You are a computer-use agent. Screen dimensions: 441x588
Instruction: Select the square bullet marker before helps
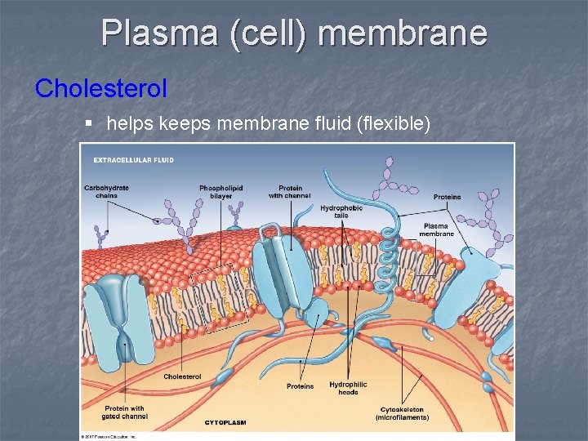coord(89,123)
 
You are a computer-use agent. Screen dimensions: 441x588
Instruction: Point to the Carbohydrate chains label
coord(106,191)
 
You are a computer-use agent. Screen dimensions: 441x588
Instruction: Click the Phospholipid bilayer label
coord(220,191)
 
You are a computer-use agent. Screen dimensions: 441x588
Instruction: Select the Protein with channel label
coord(290,191)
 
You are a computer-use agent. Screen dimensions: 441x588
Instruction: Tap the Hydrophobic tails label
coord(341,212)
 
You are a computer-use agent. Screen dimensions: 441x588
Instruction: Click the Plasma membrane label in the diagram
coord(436,229)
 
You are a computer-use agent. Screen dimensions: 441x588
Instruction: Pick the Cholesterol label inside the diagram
coord(182,376)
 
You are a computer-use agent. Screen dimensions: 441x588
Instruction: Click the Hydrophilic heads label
coord(348,388)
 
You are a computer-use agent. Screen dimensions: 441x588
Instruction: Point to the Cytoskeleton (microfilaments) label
coord(402,413)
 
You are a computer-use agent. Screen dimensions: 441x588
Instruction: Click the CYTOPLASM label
coord(225,422)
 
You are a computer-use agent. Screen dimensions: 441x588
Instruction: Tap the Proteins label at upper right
coord(447,197)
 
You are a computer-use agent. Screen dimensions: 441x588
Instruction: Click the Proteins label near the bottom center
coord(300,386)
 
